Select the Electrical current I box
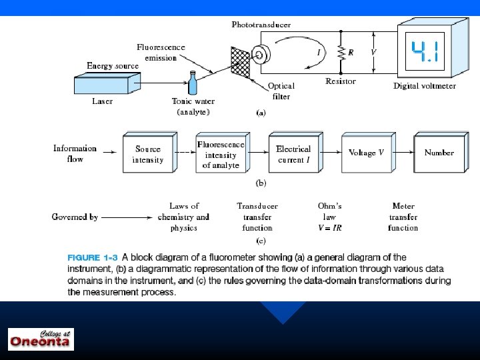click(293, 154)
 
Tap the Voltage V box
click(366, 153)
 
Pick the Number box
click(439, 153)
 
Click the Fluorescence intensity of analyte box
click(221, 154)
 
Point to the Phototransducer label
click(261, 25)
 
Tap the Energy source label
click(113, 65)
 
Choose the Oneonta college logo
click(41, 339)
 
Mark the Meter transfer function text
click(403, 217)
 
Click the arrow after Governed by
click(127, 217)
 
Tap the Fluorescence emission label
click(161, 52)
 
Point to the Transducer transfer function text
click(257, 217)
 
